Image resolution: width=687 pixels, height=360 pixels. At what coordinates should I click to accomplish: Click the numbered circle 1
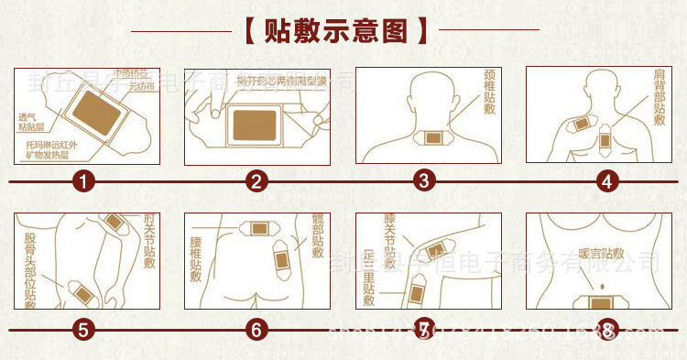(84, 181)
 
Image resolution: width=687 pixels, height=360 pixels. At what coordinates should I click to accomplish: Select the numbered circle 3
(422, 180)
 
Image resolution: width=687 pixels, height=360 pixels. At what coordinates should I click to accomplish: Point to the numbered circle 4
(605, 181)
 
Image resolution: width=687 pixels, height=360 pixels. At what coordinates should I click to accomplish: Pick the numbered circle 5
(84, 328)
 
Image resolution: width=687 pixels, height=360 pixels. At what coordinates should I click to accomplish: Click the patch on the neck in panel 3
(428, 139)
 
